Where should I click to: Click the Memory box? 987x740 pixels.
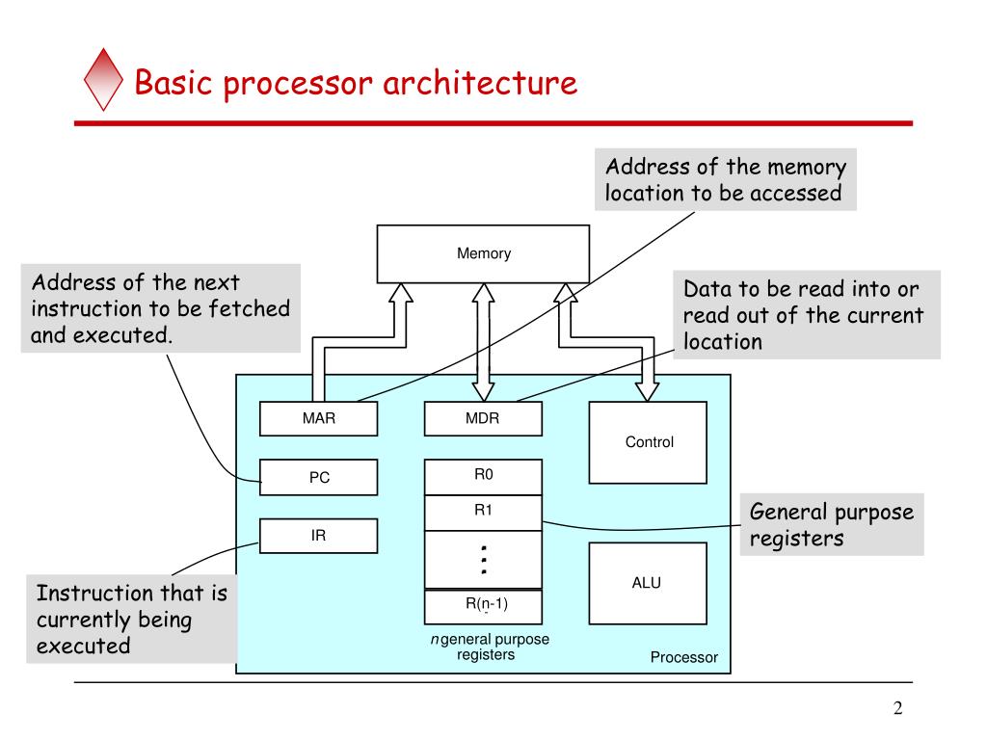coord(483,254)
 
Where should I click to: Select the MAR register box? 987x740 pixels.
coord(318,419)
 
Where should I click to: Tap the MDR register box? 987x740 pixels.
coord(483,419)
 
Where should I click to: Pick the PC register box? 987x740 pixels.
coord(318,477)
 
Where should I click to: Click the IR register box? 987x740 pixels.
coord(318,536)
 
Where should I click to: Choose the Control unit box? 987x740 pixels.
coord(648,442)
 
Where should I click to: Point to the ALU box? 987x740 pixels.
coord(648,583)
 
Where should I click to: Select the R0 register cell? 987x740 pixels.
coord(483,476)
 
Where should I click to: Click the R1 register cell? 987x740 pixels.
coord(483,512)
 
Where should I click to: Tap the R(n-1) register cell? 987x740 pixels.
coord(483,605)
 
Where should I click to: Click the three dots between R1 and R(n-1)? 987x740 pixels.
coord(484,560)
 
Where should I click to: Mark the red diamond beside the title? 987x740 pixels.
coord(104,82)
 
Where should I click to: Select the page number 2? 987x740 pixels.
coord(897,709)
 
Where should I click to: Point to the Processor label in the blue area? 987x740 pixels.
coord(683,657)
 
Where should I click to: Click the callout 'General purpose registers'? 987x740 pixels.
coord(831,525)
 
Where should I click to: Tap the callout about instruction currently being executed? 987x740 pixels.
coord(131,620)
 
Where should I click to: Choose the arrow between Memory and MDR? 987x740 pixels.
coord(483,342)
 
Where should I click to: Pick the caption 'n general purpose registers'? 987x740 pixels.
coord(489,647)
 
